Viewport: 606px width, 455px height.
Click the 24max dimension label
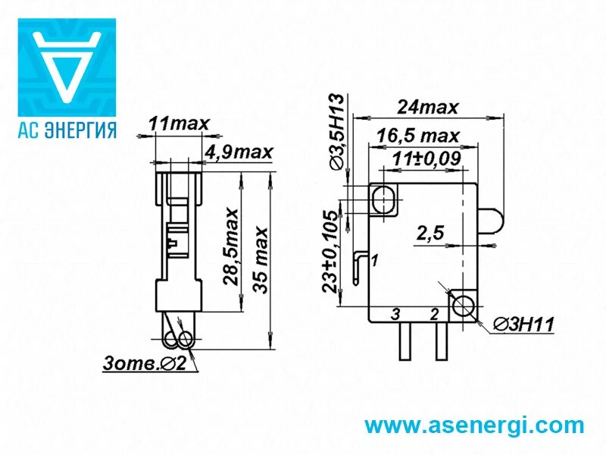pyautogui.click(x=430, y=108)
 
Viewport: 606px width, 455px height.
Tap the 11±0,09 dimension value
pyautogui.click(x=427, y=160)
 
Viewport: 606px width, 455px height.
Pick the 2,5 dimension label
pyautogui.click(x=430, y=235)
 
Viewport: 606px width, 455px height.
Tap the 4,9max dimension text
pyautogui.click(x=238, y=152)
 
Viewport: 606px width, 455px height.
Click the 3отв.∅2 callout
pyautogui.click(x=145, y=363)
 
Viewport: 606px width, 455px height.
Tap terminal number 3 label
pyautogui.click(x=395, y=313)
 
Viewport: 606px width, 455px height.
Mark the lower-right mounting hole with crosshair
pyautogui.click(x=461, y=306)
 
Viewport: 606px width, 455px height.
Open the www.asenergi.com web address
pyautogui.click(x=475, y=425)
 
